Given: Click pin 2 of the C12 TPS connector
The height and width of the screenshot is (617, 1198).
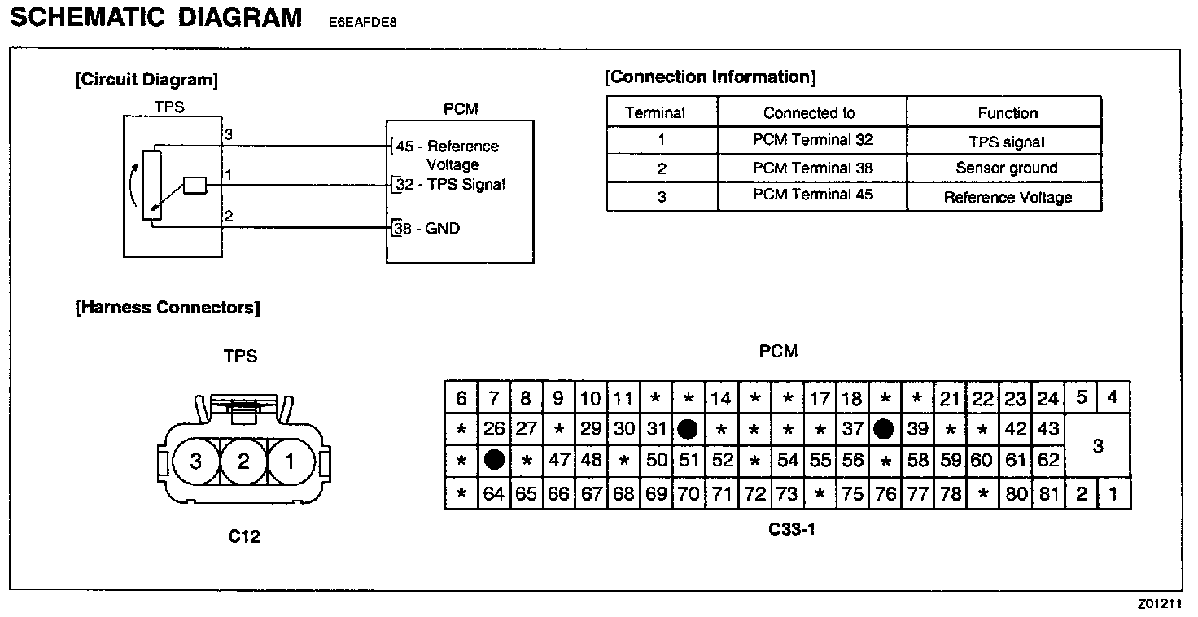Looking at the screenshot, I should coord(243,462).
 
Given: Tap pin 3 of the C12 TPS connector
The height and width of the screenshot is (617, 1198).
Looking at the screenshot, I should coord(195,462).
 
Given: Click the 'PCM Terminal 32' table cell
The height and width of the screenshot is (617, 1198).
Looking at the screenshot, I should coord(812,140).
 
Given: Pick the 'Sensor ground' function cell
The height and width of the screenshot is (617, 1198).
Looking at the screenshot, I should coord(1006,168).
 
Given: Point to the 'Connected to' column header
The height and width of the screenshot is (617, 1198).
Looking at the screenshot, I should coord(809,113).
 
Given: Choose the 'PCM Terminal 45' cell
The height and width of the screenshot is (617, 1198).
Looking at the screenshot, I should coord(812,195).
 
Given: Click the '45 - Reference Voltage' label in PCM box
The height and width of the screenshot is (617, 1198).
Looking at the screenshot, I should coord(447,155).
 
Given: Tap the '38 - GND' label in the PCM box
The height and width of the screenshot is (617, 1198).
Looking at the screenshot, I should coord(427,229).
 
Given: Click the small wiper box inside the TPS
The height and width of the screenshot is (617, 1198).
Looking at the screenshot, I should coord(195,186).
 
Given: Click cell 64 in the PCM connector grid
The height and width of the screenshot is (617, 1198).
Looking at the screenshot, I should coord(493,493).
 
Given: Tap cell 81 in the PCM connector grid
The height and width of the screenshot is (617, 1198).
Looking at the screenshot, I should coord(1049,493).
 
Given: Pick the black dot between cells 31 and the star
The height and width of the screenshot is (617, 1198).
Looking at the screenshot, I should coord(689,428).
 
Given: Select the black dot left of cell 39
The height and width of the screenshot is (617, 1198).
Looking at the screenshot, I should coord(885,428).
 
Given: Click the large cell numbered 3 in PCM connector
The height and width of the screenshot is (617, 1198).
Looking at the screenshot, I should coord(1097,445).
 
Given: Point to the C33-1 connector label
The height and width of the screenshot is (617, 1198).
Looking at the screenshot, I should coord(791,529).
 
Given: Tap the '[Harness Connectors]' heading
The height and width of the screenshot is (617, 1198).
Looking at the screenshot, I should coord(168,308).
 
